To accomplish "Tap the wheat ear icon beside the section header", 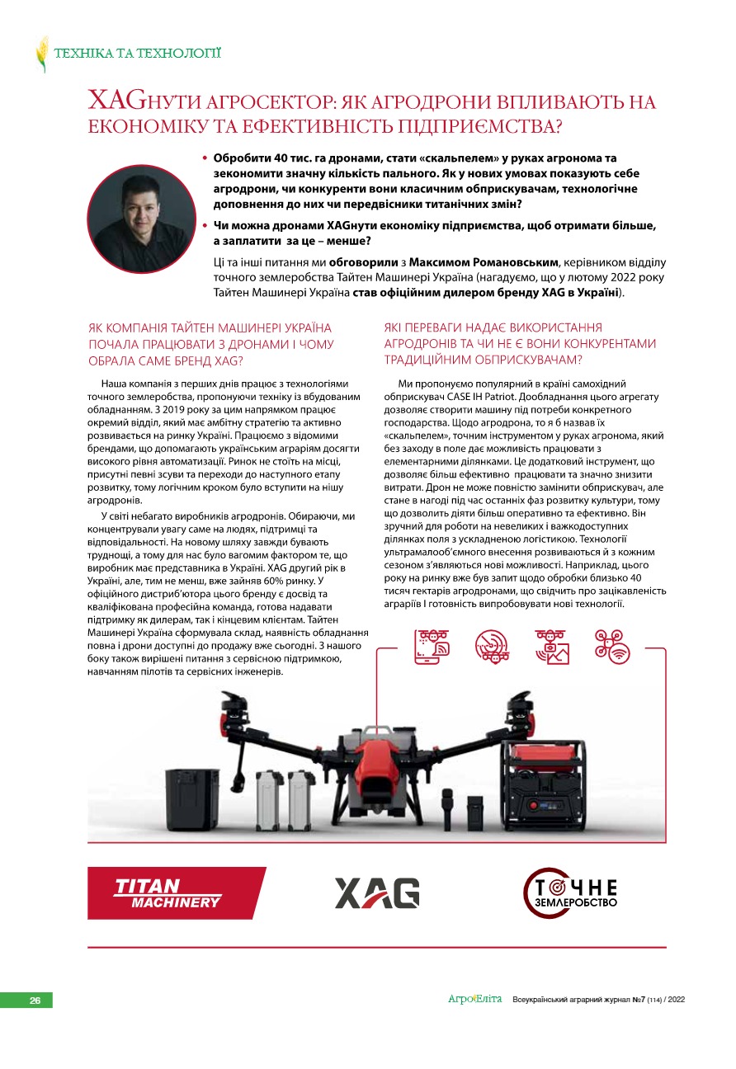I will pos(42,54).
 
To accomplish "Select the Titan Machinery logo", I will pos(176,893).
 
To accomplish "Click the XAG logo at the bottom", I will pos(377,893).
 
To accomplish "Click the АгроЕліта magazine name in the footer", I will pos(474,999).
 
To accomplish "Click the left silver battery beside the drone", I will pos(269,801).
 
